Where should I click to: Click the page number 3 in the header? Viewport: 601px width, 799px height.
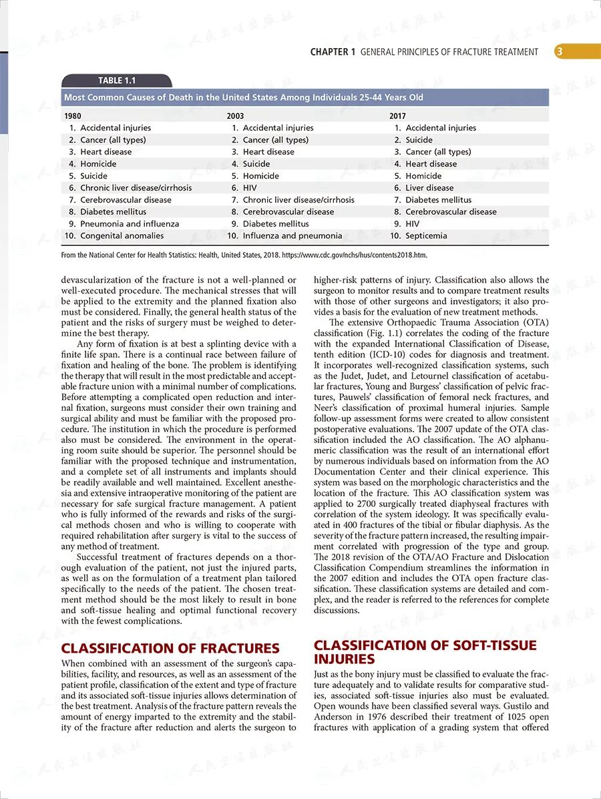[x=559, y=52]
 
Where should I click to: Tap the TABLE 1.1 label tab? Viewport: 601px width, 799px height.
[x=117, y=81]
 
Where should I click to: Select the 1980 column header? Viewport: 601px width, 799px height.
[x=72, y=116]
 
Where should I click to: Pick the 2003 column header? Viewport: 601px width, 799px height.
[x=235, y=116]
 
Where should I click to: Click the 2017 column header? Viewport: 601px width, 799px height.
[x=398, y=116]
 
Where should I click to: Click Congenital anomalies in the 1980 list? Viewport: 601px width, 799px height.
[x=122, y=236]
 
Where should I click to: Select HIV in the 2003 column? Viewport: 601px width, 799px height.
[x=250, y=188]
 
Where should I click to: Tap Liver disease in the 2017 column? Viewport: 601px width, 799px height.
[x=429, y=188]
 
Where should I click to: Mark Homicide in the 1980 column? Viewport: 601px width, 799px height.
[x=98, y=164]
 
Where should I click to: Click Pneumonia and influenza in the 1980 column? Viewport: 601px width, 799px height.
[x=130, y=224]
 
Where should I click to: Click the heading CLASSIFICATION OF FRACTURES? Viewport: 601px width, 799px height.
[x=170, y=648]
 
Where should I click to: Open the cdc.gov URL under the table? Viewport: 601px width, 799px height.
[x=354, y=255]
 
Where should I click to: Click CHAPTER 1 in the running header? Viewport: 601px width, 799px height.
[x=333, y=52]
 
